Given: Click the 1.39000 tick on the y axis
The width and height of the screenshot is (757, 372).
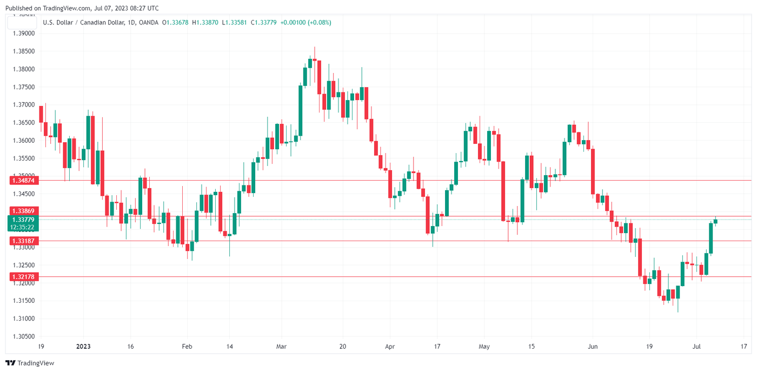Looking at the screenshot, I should (x=23, y=34).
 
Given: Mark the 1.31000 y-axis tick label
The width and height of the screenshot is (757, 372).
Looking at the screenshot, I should (x=23, y=318).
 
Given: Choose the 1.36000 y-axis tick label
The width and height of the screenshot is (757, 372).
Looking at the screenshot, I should (x=23, y=141).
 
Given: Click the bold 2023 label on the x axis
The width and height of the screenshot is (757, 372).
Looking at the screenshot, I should (x=84, y=346).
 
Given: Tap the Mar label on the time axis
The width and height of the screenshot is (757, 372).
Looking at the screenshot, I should (x=281, y=346).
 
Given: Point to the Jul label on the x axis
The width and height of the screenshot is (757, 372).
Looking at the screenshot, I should (x=698, y=346).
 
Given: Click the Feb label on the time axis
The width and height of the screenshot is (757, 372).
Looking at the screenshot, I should (x=187, y=346).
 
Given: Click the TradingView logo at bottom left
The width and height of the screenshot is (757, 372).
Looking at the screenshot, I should (x=30, y=363).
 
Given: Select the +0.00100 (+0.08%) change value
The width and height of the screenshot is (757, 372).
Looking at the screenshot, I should (x=306, y=22).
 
